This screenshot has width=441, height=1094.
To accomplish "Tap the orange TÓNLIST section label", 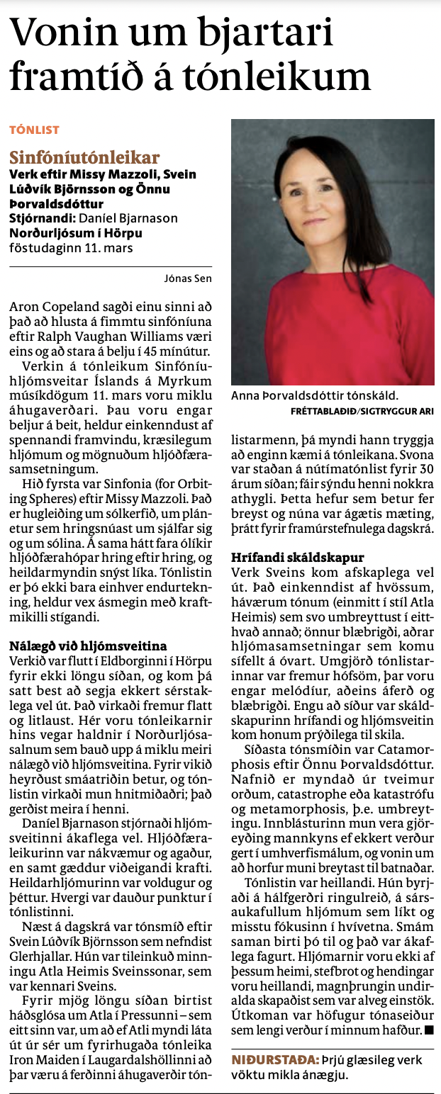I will point(33,130).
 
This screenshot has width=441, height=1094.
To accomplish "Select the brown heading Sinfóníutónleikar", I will point(84,157).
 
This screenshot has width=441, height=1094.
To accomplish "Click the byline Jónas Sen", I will point(191,278).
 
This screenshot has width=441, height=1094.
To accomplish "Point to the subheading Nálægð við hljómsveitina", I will point(88,645).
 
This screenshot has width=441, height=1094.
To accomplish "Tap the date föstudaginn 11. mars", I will point(71,248).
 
